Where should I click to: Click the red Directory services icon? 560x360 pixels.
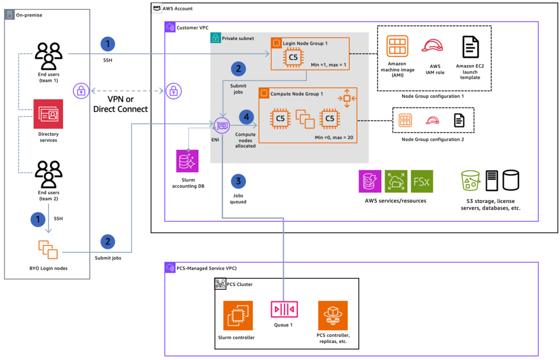point(49,114)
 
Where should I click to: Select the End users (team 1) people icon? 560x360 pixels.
point(49,55)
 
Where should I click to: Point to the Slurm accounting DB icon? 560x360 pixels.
point(188,162)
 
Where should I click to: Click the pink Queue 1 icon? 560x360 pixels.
point(283,310)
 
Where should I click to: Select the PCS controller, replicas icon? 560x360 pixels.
point(332,315)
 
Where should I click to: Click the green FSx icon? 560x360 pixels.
point(422,181)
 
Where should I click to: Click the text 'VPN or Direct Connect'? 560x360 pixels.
point(120,103)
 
